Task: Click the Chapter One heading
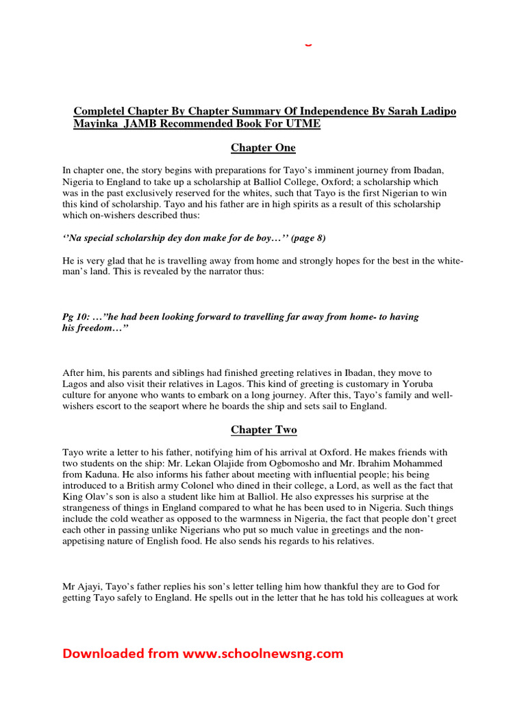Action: (x=263, y=148)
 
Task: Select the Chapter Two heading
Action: (x=263, y=430)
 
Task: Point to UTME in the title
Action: (x=304, y=124)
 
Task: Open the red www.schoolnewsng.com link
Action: (x=262, y=654)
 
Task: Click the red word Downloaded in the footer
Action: (x=104, y=654)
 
